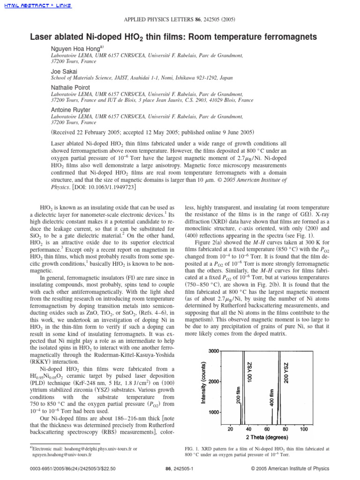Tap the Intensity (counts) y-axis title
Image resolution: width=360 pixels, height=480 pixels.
(204, 383)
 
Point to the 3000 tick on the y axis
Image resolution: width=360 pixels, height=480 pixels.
(214, 352)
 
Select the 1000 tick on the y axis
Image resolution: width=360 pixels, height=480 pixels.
(214, 412)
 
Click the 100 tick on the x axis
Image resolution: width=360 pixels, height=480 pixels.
(303, 429)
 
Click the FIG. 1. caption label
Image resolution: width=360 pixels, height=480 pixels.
(194, 448)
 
